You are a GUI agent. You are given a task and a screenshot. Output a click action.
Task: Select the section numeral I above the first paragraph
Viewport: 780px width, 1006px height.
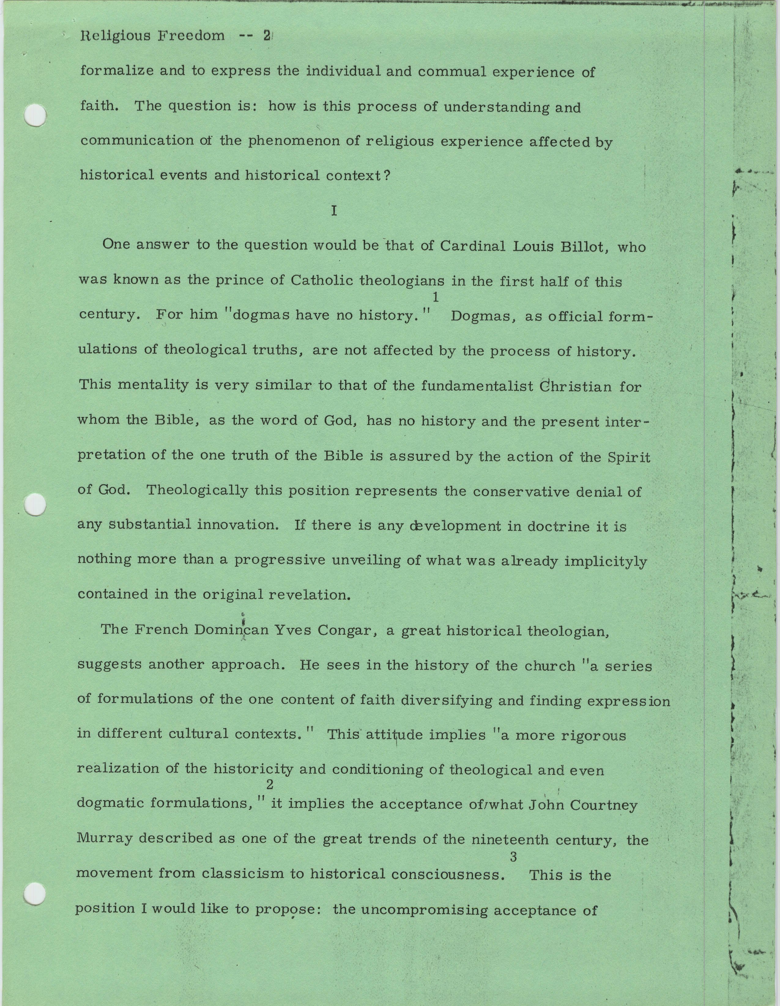point(334,211)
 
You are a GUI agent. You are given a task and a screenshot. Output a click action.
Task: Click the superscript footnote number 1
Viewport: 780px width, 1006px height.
point(435,298)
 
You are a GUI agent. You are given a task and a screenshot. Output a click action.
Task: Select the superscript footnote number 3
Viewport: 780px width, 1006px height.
point(513,857)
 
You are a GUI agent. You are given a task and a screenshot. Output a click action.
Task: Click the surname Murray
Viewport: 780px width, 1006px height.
point(105,838)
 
